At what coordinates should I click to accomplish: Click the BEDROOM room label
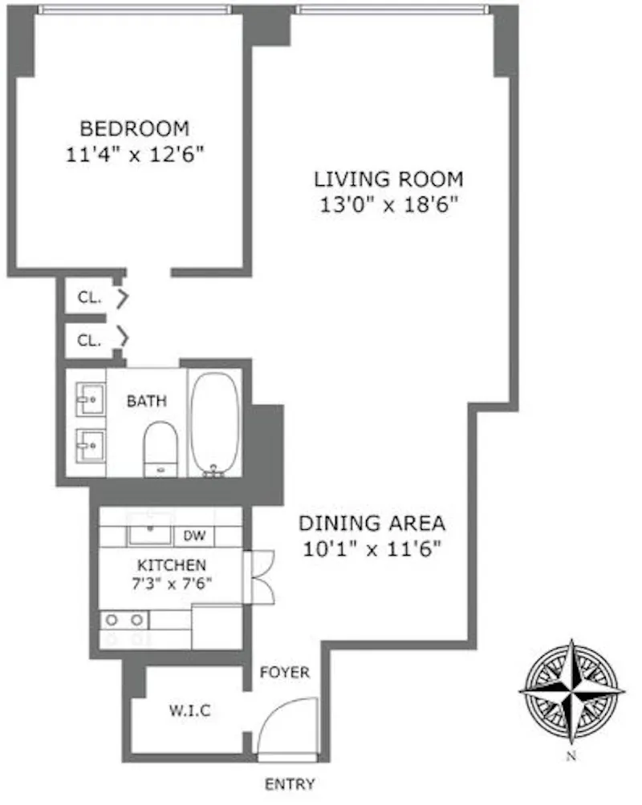point(135,127)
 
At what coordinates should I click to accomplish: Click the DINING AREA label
point(372,524)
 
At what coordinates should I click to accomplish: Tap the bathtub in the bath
point(215,422)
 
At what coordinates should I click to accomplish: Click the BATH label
point(147,401)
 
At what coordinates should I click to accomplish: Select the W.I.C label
point(191,710)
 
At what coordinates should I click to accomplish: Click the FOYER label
point(284,673)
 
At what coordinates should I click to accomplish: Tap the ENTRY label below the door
point(290,783)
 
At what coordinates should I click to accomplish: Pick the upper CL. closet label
point(90,298)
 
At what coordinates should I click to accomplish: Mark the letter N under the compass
point(571,756)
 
